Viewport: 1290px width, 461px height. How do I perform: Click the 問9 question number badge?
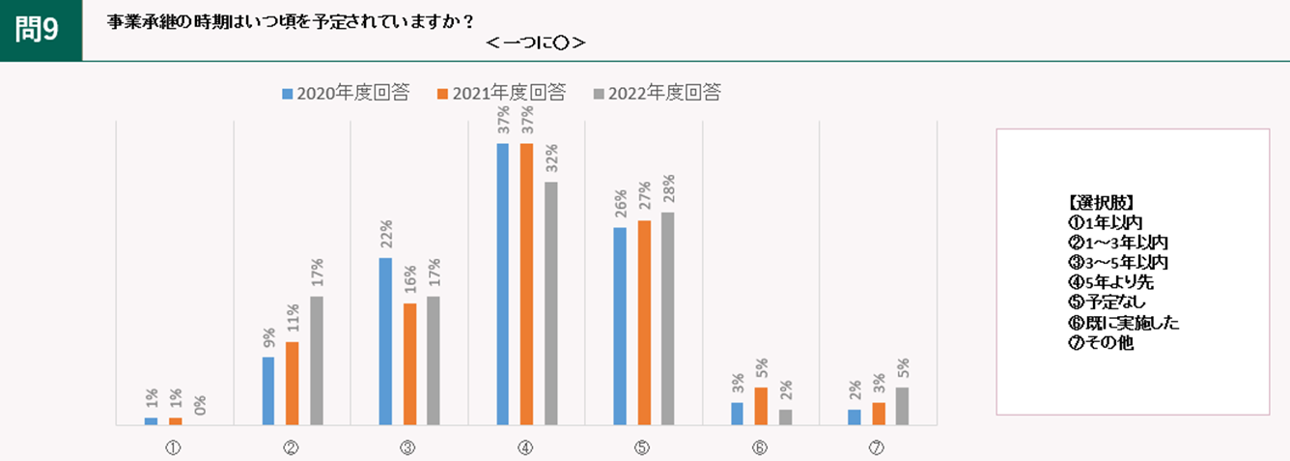40,30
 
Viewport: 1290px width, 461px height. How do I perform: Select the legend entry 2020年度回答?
345,93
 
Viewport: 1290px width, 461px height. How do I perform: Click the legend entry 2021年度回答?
501,93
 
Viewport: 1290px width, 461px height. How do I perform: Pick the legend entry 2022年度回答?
657,93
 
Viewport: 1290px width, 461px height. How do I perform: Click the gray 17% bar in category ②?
316,360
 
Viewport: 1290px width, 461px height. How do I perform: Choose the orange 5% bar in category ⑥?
761,405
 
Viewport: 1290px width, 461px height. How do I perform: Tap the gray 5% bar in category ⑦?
902,405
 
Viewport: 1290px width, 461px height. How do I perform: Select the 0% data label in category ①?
199,405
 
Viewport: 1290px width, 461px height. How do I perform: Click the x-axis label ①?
175,447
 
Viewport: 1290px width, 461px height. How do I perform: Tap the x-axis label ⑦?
877,447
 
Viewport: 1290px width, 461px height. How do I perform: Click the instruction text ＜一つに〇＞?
536,43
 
